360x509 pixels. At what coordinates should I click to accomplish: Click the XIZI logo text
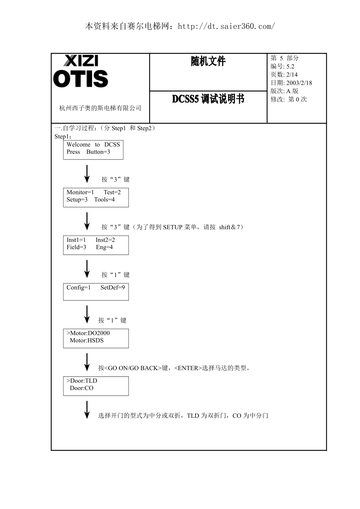coord(81,61)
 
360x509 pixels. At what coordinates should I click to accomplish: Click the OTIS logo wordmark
coord(80,79)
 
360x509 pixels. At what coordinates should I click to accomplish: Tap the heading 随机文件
coord(208,61)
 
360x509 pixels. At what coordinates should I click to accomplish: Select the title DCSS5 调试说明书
coord(208,99)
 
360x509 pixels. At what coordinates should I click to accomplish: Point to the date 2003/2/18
coord(299,83)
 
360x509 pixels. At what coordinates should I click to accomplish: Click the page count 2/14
coord(292,75)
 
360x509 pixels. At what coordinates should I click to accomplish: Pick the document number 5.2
coord(290,66)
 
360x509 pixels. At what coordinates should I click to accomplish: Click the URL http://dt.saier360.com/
coord(226,27)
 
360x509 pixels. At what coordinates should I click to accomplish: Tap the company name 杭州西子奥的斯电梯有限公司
coord(100,108)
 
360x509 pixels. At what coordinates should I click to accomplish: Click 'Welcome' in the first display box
coord(78,145)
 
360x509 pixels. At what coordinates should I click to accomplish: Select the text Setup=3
coord(77,200)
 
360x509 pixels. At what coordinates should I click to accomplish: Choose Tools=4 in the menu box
coord(104,200)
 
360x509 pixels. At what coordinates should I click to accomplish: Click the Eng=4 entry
coord(104,247)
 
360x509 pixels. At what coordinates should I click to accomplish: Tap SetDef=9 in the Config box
coord(113,287)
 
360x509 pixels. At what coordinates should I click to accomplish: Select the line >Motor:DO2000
coord(88,333)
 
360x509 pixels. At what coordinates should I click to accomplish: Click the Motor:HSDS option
coord(87,340)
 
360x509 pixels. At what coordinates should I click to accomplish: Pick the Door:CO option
coord(81,388)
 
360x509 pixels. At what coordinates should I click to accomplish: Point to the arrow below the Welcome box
coord(87,174)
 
